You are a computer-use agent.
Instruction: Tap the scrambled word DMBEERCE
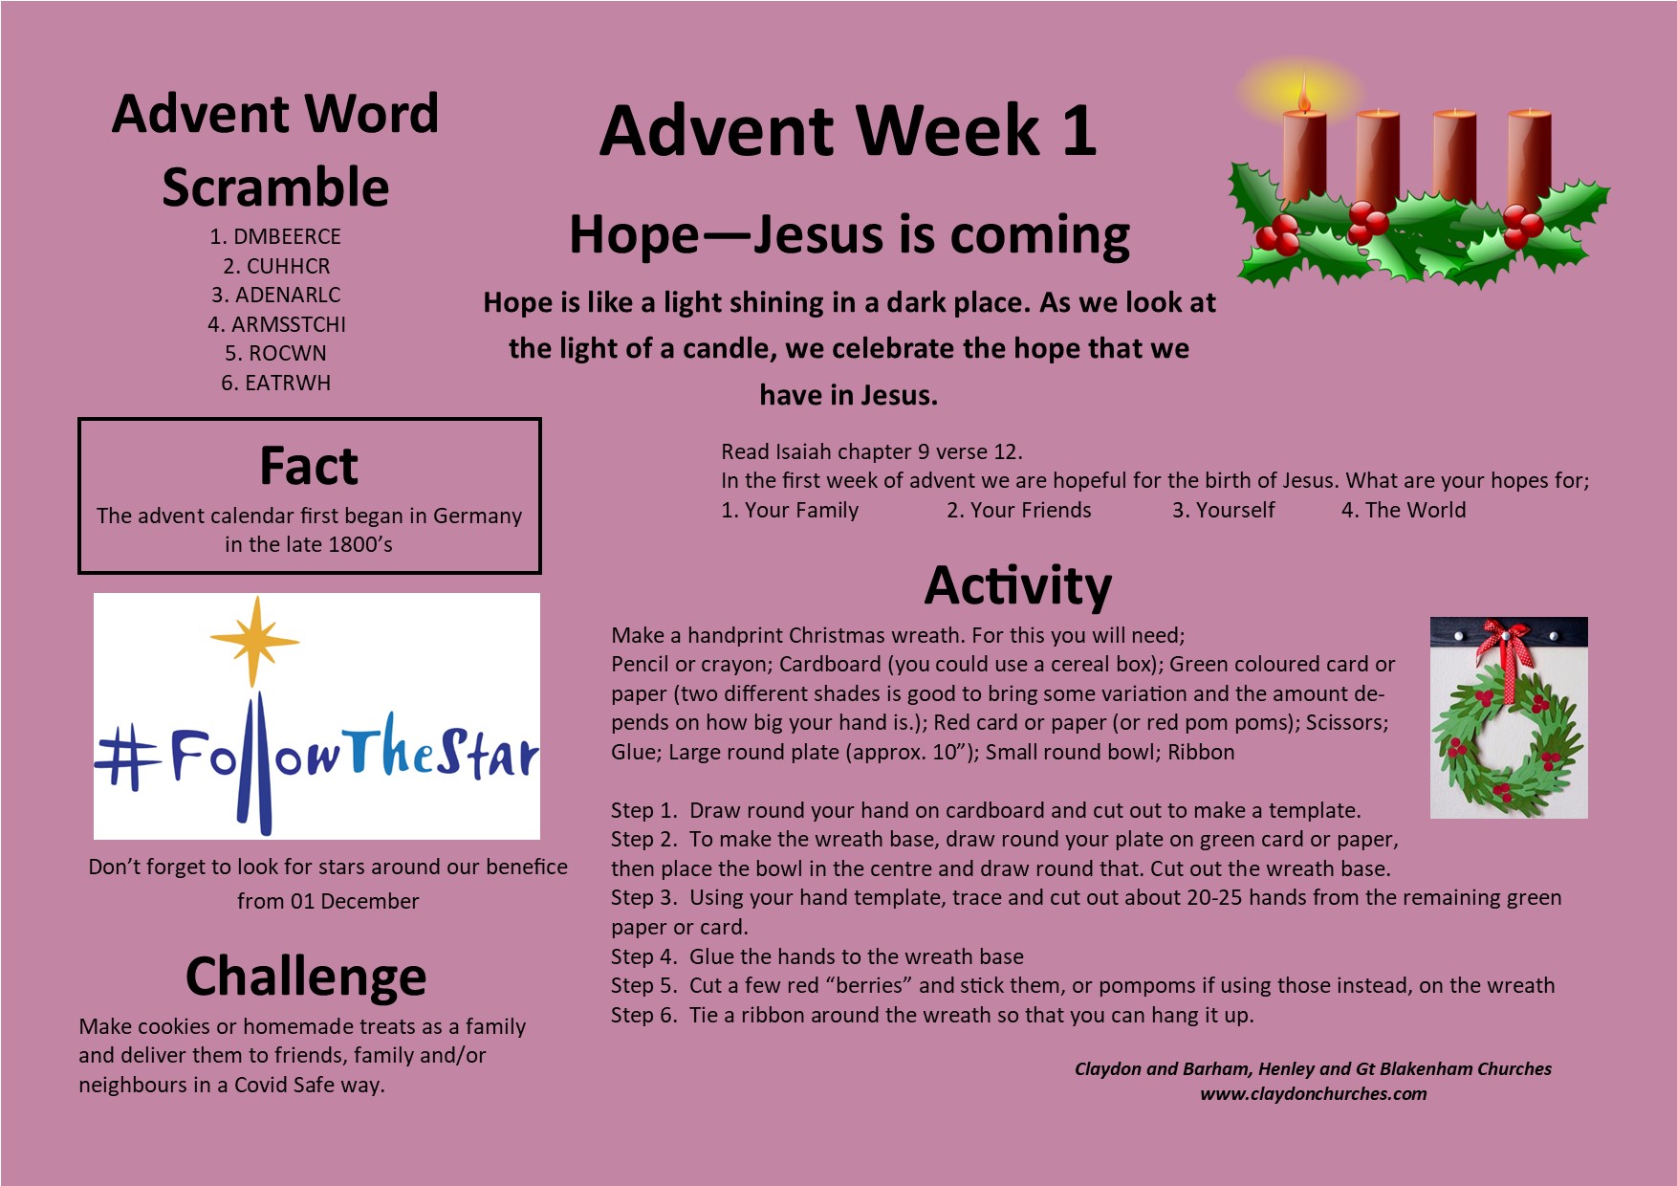[x=287, y=236]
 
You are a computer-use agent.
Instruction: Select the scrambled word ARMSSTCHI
[x=288, y=324]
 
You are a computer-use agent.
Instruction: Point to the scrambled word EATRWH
[x=287, y=383]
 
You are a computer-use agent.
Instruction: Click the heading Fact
[x=309, y=466]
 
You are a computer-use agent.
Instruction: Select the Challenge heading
[x=306, y=977]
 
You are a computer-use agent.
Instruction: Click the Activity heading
[x=1018, y=585]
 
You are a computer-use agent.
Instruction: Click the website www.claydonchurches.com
[x=1314, y=1093]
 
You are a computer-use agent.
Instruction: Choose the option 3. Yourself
[x=1224, y=510]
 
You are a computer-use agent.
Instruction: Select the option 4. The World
[x=1404, y=510]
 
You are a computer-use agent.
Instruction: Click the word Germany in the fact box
[x=478, y=516]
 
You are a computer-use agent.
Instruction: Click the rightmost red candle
[x=1529, y=158]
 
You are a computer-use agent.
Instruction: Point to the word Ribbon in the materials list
[x=1201, y=752]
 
